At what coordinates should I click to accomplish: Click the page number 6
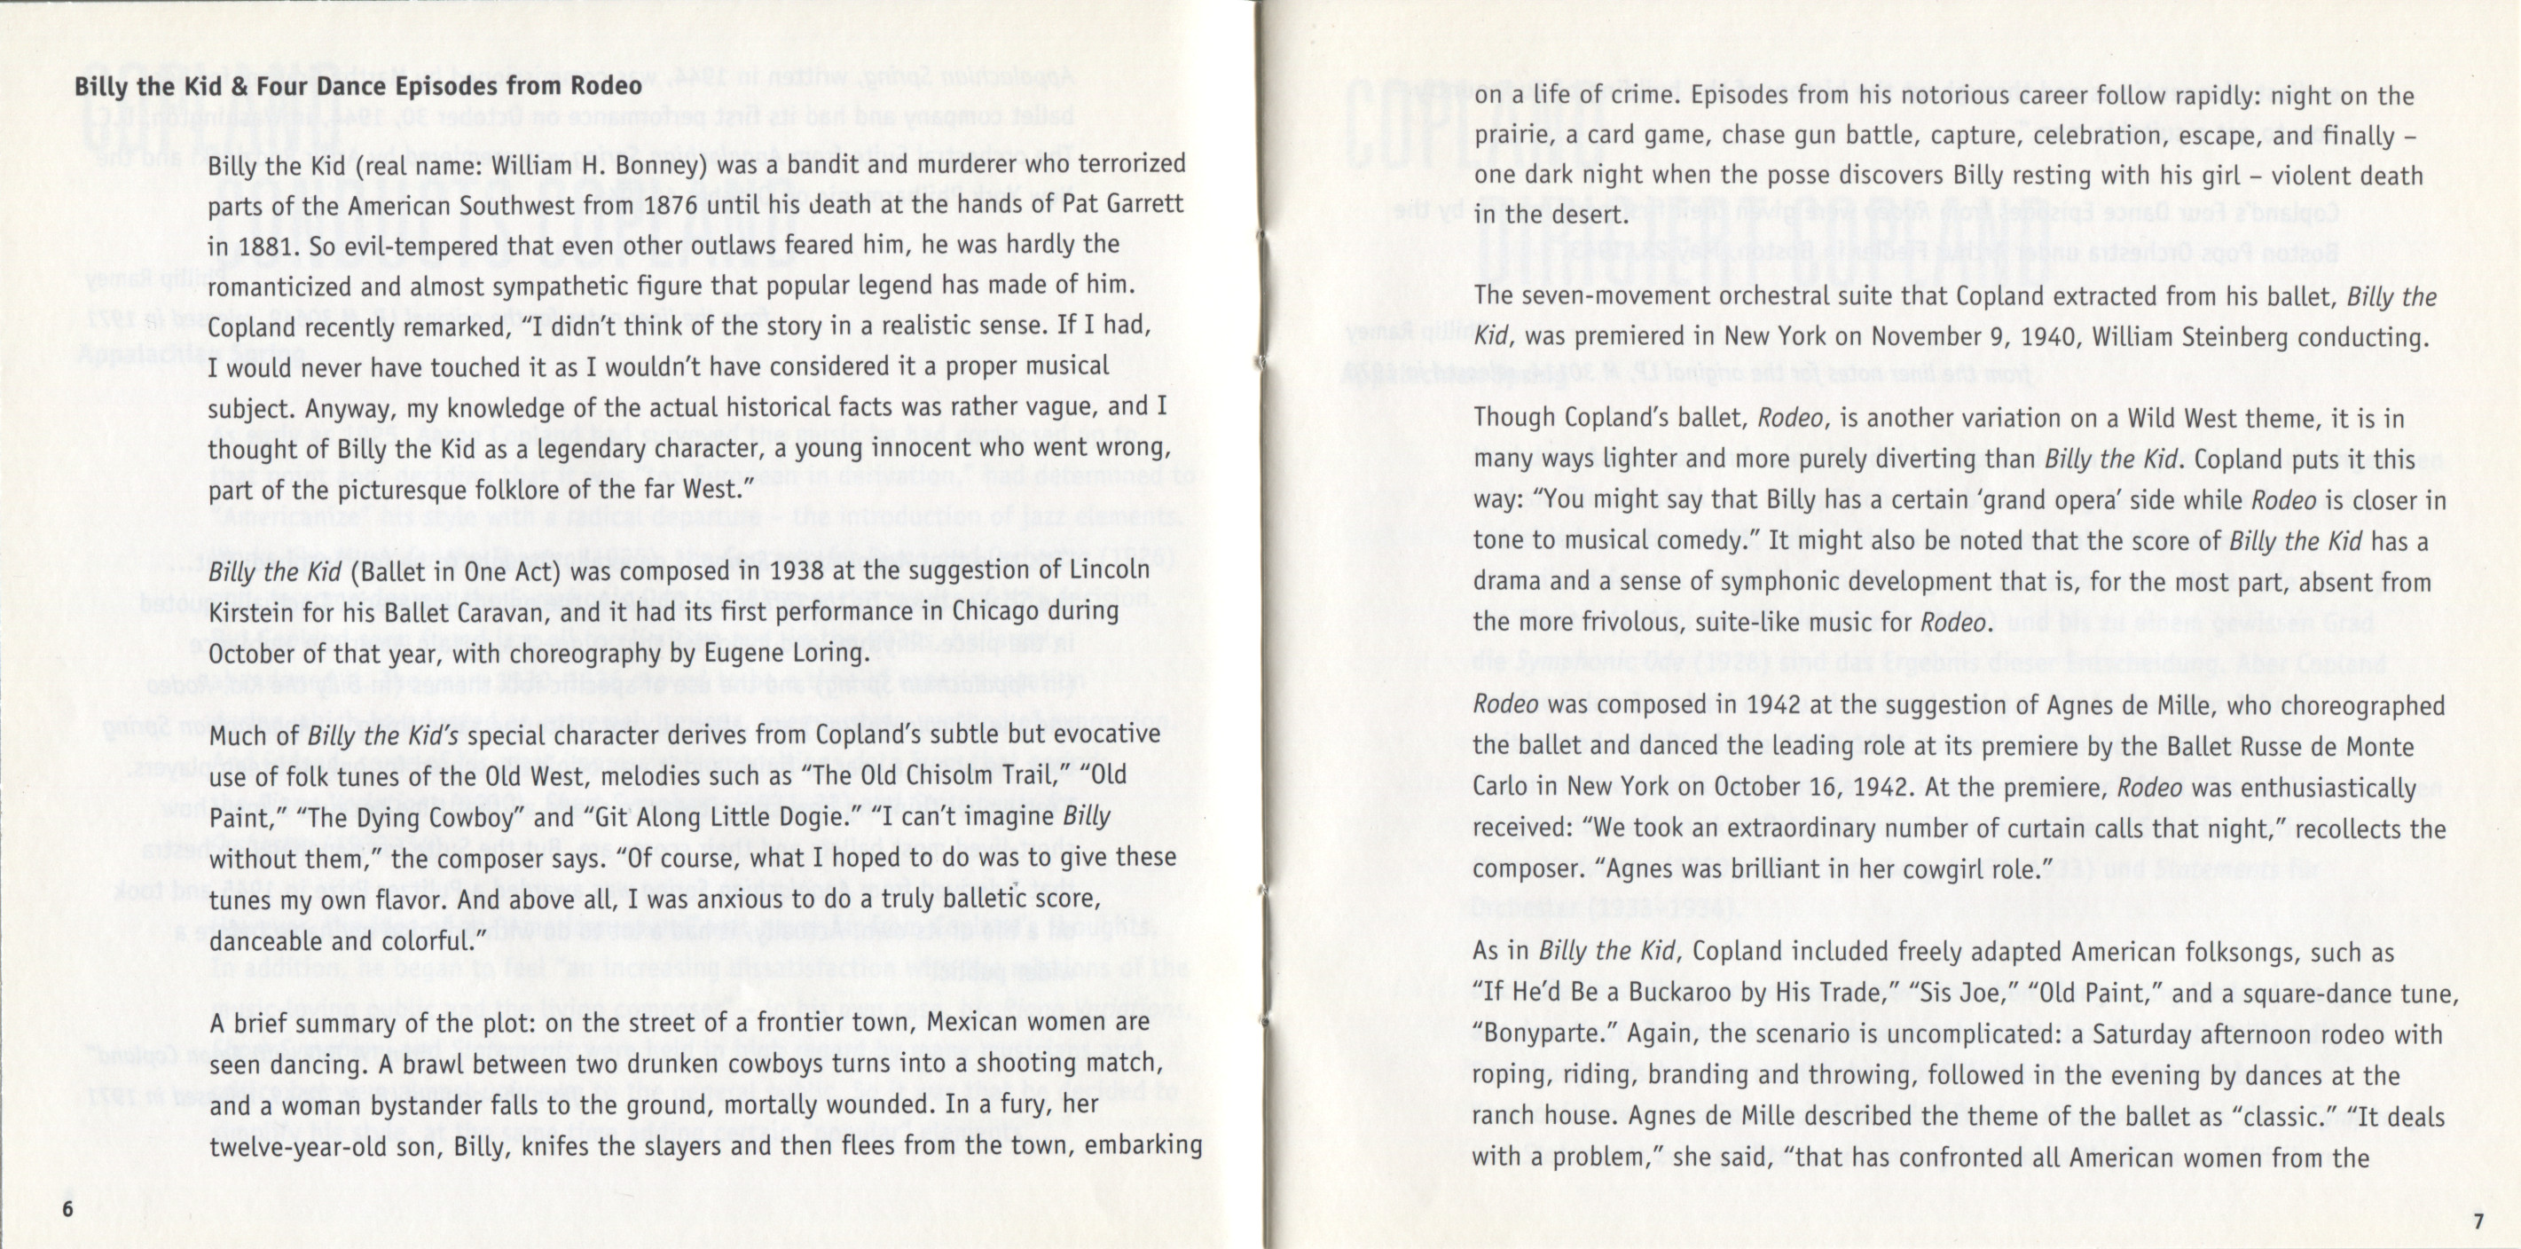pyautogui.click(x=67, y=1207)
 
